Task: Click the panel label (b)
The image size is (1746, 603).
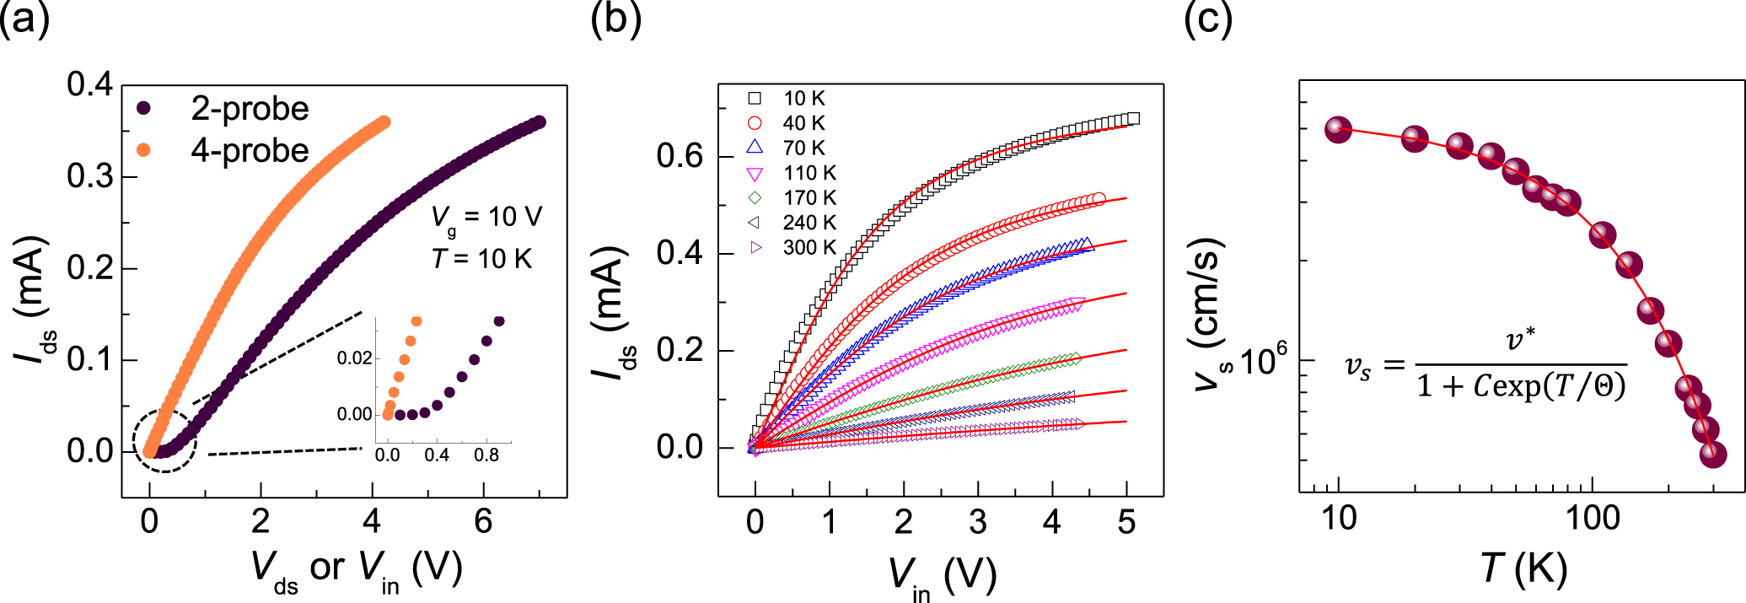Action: coord(615,19)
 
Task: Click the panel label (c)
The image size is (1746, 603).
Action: coord(1207,19)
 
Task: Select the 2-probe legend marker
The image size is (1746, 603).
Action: coord(143,108)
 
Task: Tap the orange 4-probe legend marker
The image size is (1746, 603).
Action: coord(143,150)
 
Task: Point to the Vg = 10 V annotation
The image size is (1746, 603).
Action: coord(486,218)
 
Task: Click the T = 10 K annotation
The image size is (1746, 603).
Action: coord(481,258)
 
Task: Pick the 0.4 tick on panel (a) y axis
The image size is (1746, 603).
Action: coord(89,84)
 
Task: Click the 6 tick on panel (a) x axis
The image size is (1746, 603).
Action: coord(483,521)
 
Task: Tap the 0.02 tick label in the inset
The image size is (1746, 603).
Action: coord(354,358)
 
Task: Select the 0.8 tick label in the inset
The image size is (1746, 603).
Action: coord(486,455)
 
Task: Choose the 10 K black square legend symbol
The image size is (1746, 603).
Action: coord(755,99)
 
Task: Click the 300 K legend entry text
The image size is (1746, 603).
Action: coord(809,248)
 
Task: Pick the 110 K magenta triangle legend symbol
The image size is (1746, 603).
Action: coord(755,174)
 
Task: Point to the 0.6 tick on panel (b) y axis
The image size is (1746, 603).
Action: coord(680,156)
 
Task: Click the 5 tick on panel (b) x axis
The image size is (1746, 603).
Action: coord(1126,522)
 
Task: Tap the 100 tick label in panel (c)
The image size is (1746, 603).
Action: coord(1593,518)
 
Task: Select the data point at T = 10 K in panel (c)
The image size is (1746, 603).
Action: coord(1338,129)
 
